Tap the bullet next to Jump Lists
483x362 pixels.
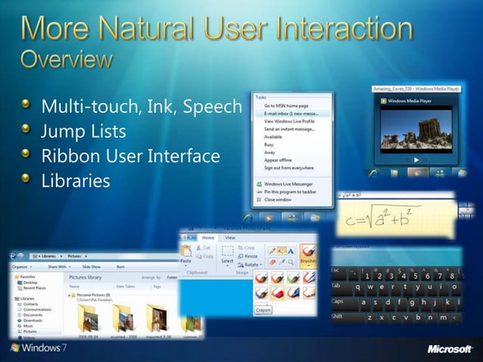[27, 132]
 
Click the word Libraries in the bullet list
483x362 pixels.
[75, 181]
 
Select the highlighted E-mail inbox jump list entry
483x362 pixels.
[291, 113]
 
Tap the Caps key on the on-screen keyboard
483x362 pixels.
[338, 301]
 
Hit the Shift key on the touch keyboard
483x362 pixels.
[338, 317]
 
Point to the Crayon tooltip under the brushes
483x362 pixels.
[263, 310]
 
